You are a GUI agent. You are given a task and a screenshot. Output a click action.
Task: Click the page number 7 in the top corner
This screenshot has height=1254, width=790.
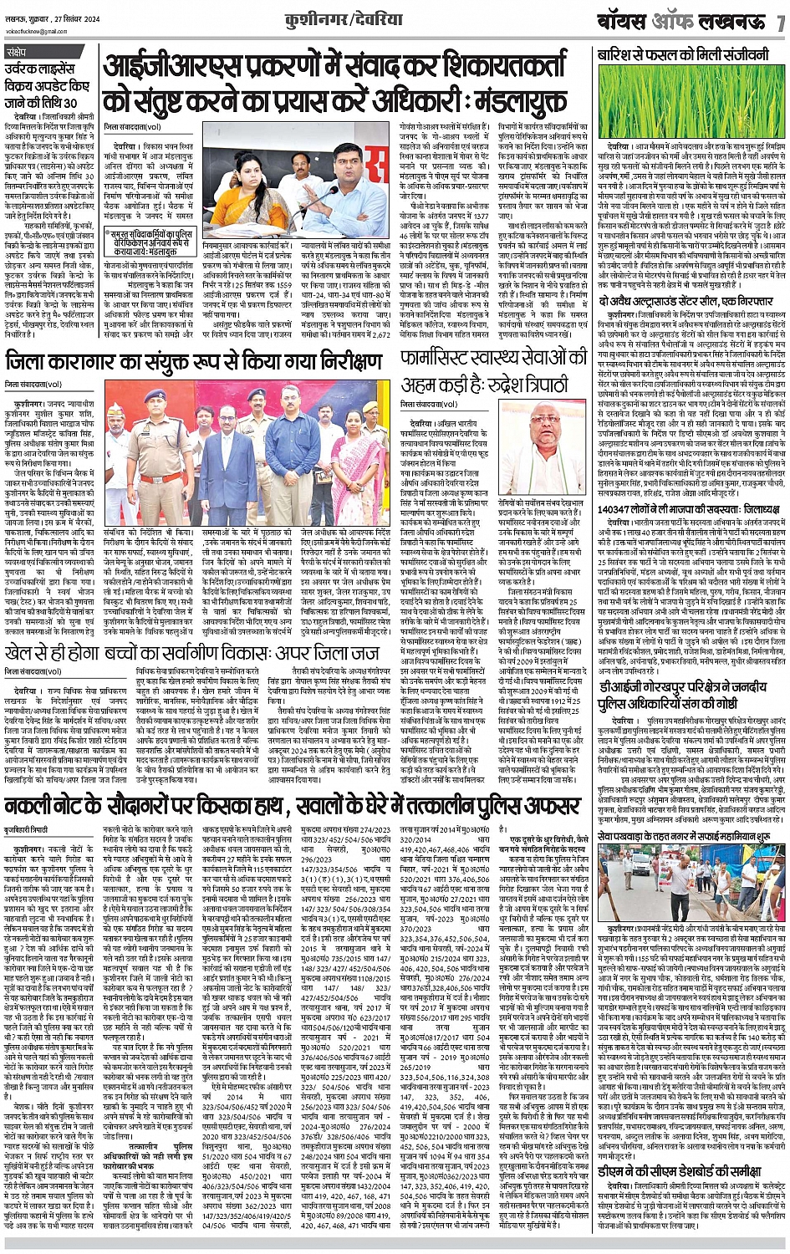tap(779, 22)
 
